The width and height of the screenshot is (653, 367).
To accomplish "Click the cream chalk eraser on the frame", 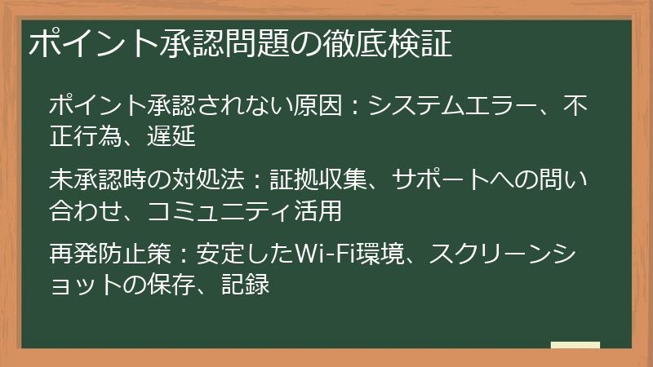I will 575,345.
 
